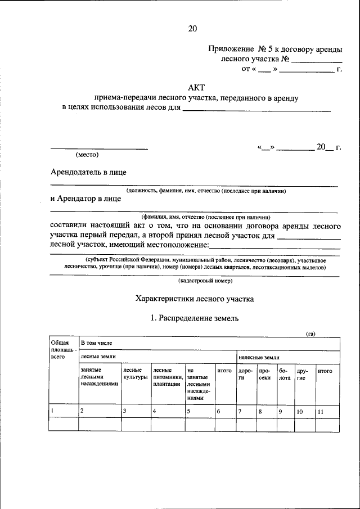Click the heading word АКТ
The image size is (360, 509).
196,87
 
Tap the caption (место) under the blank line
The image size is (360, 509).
87,154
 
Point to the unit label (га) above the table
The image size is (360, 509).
310,334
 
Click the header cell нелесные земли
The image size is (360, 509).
259,357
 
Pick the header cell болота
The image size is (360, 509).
285,374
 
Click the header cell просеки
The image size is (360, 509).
265,374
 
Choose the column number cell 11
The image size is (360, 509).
320,412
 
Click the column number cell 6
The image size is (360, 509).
219,412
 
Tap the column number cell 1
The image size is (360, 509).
52,411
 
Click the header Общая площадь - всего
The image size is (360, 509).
60,349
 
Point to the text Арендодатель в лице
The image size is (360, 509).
88,172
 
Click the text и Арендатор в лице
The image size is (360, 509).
85,199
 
